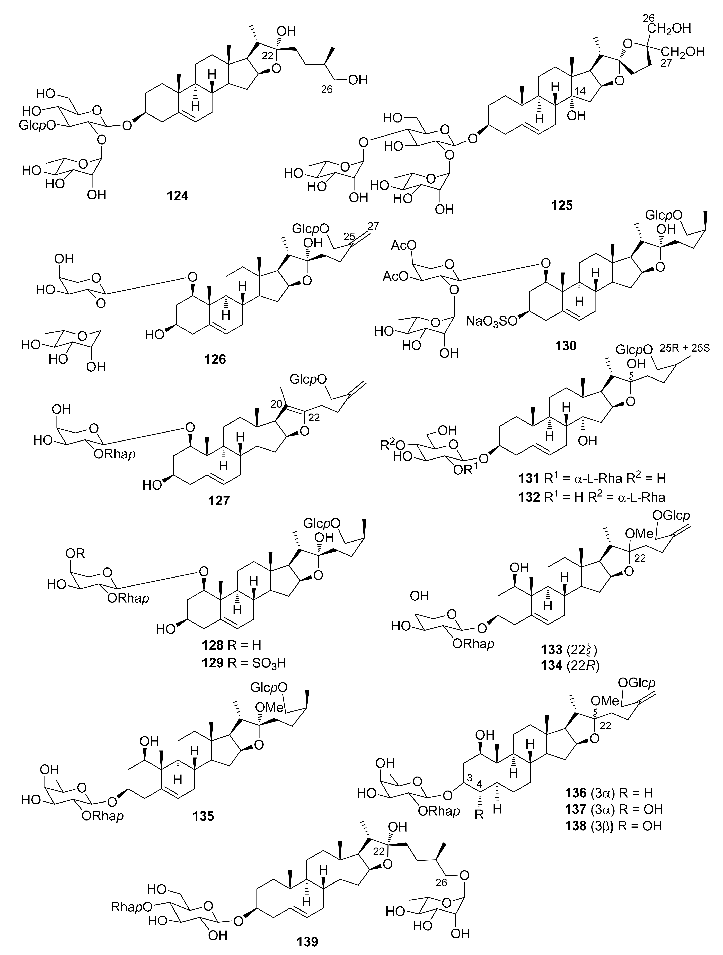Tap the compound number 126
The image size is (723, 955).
[215, 359]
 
